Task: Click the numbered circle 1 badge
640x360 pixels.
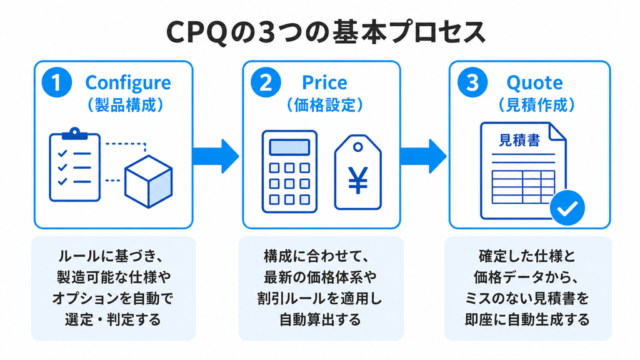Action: pyautogui.click(x=57, y=82)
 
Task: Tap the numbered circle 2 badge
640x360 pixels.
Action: pyautogui.click(x=266, y=82)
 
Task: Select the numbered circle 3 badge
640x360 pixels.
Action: pyautogui.click(x=472, y=82)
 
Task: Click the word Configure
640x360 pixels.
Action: pyautogui.click(x=128, y=83)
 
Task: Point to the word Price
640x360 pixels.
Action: pyautogui.click(x=324, y=83)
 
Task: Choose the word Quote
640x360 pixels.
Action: pyautogui.click(x=535, y=83)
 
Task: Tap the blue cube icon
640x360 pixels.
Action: pyautogui.click(x=148, y=181)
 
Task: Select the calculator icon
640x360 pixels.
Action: pyautogui.click(x=289, y=171)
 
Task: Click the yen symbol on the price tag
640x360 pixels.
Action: pyautogui.click(x=358, y=179)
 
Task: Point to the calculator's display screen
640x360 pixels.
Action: pyautogui.click(x=289, y=147)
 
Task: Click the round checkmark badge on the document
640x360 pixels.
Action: pyautogui.click(x=567, y=207)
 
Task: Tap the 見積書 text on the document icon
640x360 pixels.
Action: pyautogui.click(x=519, y=140)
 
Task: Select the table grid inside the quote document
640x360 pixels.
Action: pyautogui.click(x=523, y=187)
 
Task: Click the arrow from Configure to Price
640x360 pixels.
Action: pyautogui.click(x=216, y=156)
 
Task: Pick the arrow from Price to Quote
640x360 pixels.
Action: pyautogui.click(x=423, y=156)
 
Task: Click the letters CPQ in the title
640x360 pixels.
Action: pyautogui.click(x=197, y=32)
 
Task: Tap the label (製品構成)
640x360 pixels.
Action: pyautogui.click(x=125, y=105)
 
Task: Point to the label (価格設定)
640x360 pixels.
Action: pyautogui.click(x=324, y=105)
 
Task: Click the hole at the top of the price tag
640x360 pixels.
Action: pyautogui.click(x=358, y=147)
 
